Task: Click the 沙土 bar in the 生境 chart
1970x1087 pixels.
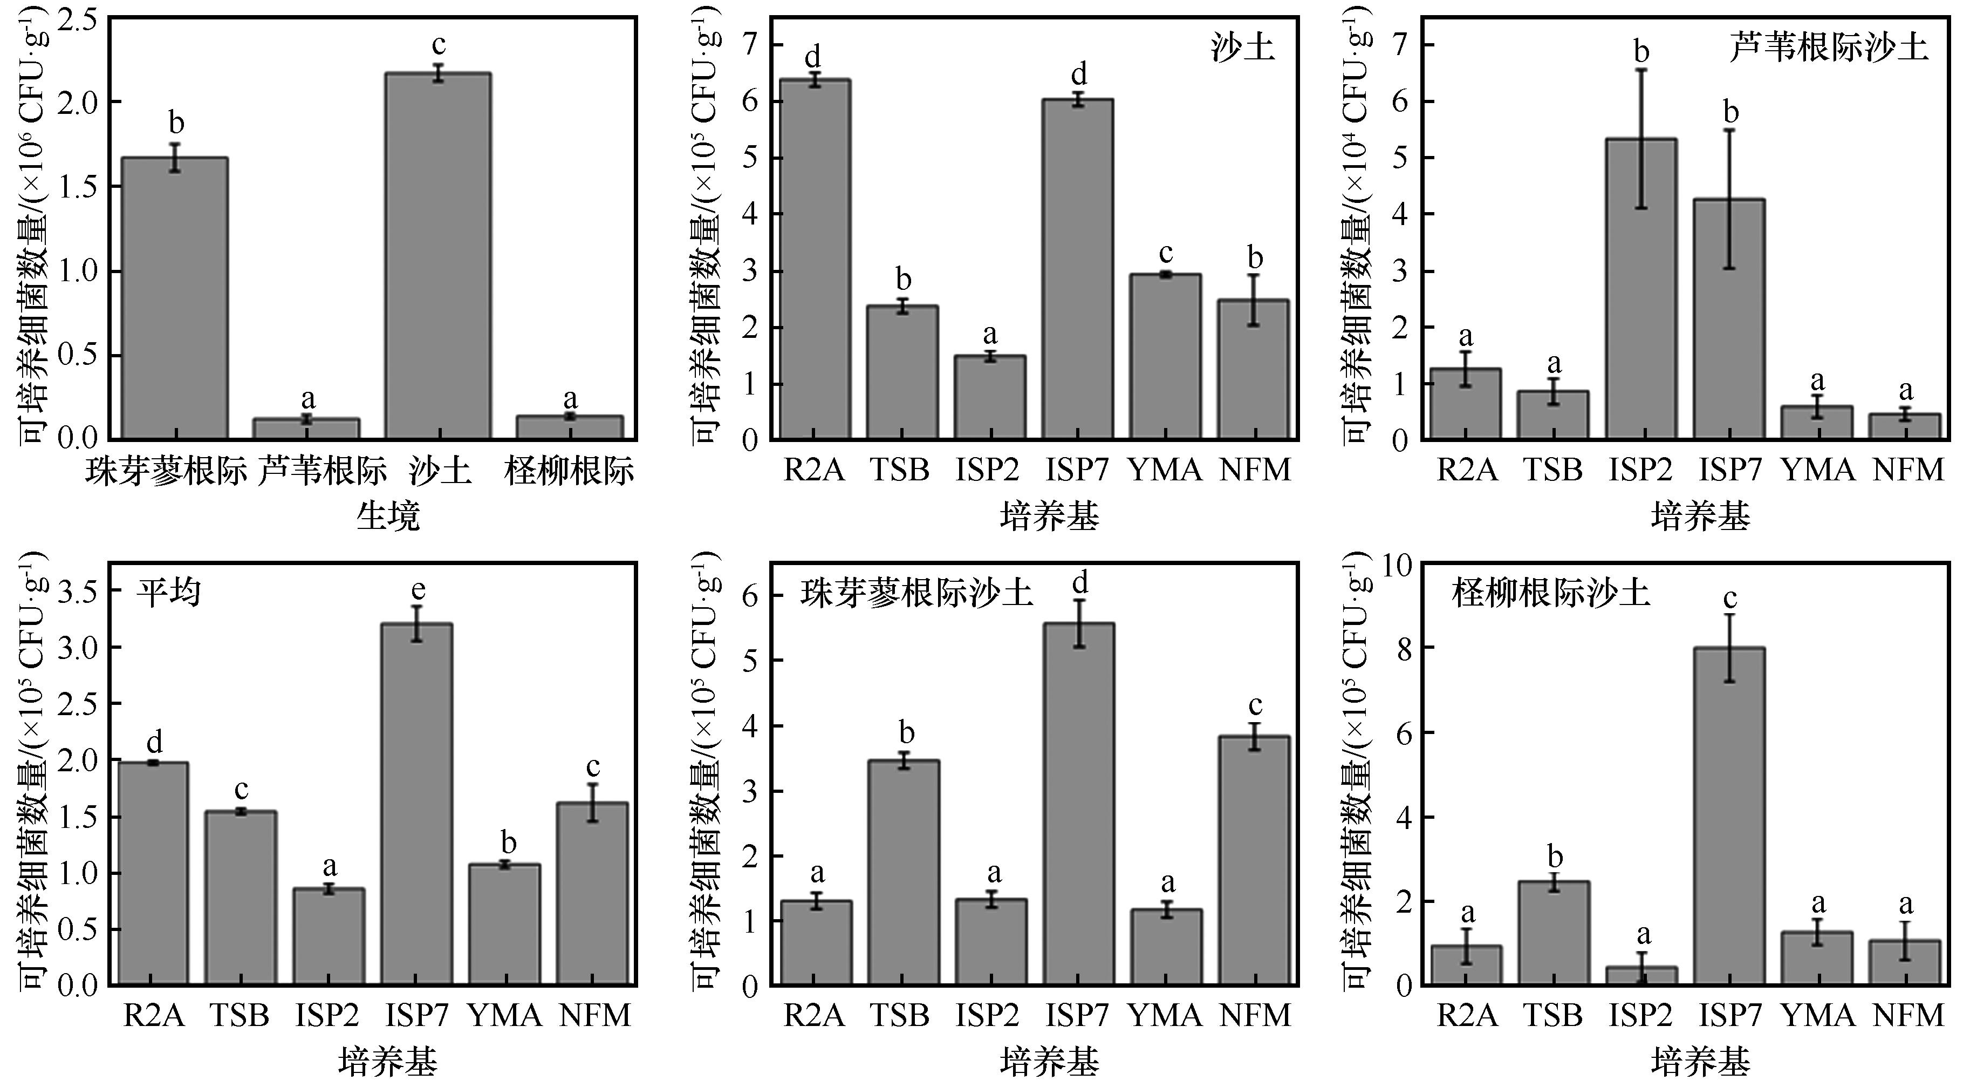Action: (x=438, y=256)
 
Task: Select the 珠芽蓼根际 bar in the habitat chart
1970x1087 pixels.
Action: (x=175, y=298)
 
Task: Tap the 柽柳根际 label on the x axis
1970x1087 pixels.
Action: (x=569, y=471)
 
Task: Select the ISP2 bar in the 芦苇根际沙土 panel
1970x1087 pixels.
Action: (x=1641, y=289)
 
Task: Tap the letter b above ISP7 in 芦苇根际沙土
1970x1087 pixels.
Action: (x=1730, y=112)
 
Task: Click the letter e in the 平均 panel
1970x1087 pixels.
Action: (x=418, y=590)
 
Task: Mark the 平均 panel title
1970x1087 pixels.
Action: (x=169, y=592)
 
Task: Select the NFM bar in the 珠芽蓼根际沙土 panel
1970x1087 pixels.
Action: (x=1255, y=860)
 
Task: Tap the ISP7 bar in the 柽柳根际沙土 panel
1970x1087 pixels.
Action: (x=1730, y=816)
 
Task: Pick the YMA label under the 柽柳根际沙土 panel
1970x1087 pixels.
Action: (x=1818, y=1016)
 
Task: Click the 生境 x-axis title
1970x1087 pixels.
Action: (x=388, y=517)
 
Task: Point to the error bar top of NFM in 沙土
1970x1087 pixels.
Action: (x=1254, y=275)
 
